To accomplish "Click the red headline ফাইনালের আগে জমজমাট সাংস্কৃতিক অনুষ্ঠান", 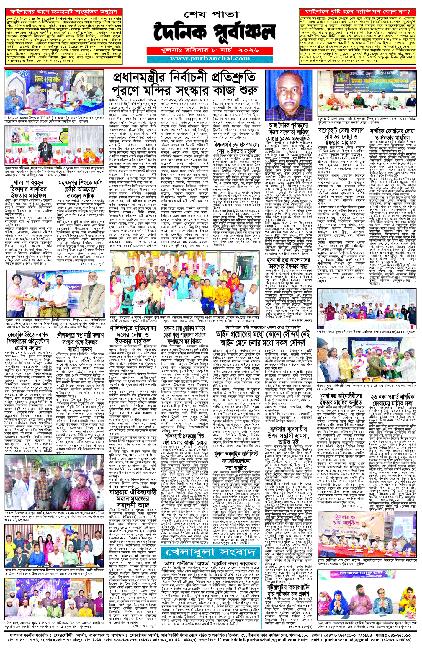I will (63, 12).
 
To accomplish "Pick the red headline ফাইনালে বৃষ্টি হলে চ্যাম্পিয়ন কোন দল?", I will (357, 12).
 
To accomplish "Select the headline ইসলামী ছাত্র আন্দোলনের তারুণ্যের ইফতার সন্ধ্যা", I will (288, 264).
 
